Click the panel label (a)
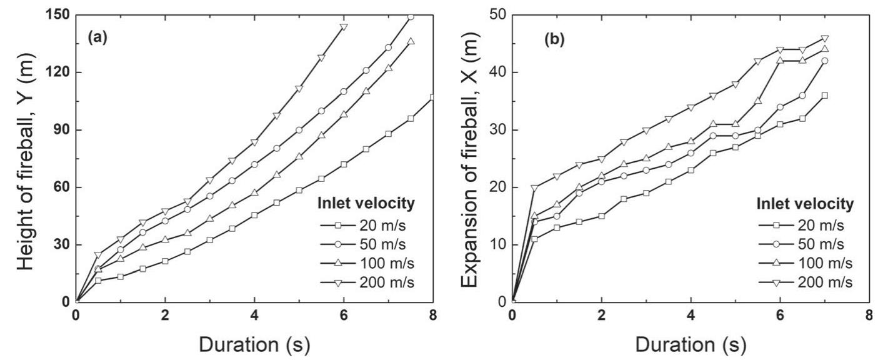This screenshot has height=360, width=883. coord(97,37)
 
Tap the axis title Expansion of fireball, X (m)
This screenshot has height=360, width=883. coord(469,157)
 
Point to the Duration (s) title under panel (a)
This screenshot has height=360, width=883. coord(254,344)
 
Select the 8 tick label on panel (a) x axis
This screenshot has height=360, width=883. coord(432,315)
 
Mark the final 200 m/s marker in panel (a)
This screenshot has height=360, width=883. coord(343,26)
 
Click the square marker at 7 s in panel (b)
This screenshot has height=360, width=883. coord(824,96)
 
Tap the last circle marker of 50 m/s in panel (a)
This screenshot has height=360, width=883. coord(411,17)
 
